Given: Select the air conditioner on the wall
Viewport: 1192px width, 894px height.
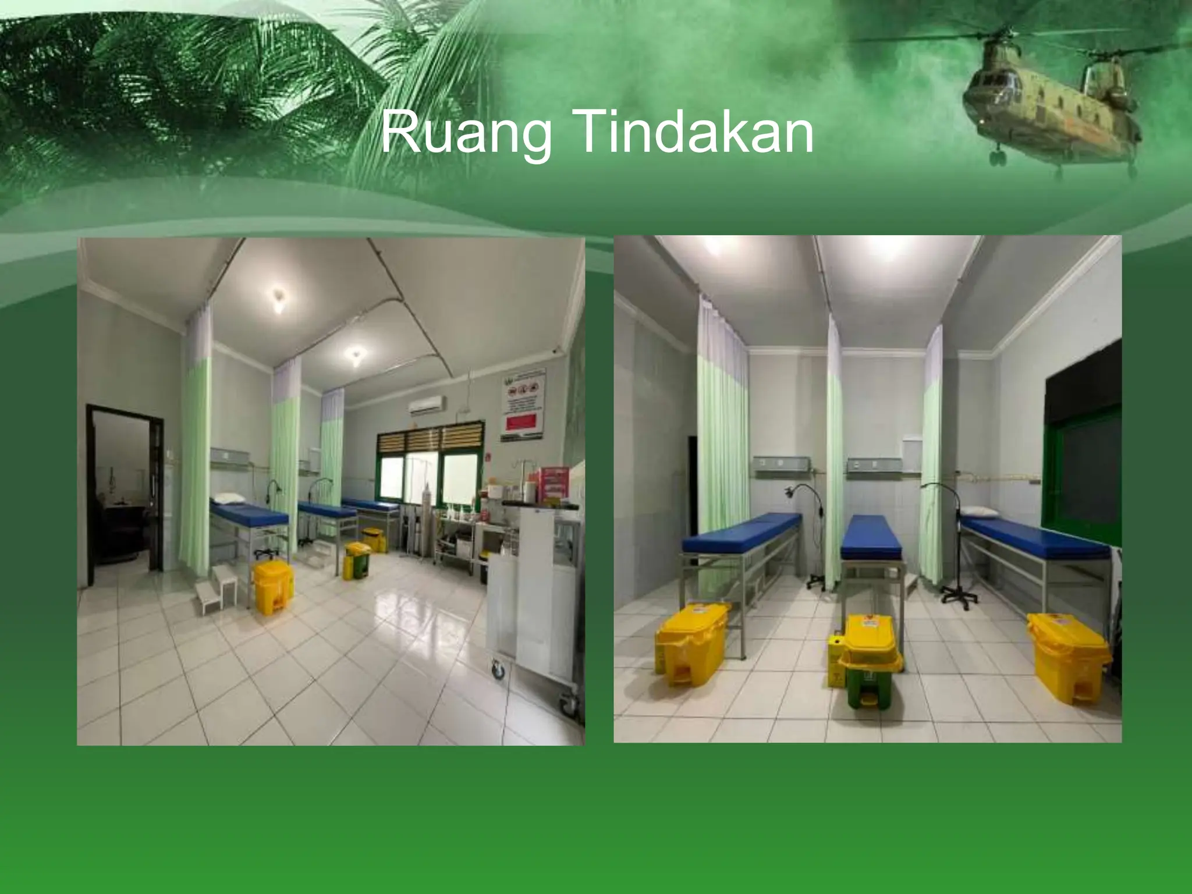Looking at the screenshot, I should click(426, 405).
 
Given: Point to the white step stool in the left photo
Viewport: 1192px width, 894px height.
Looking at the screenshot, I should click(215, 588).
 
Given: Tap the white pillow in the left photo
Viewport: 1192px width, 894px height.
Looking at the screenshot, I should click(228, 498).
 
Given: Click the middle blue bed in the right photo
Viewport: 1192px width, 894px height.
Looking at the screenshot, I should click(872, 535).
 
